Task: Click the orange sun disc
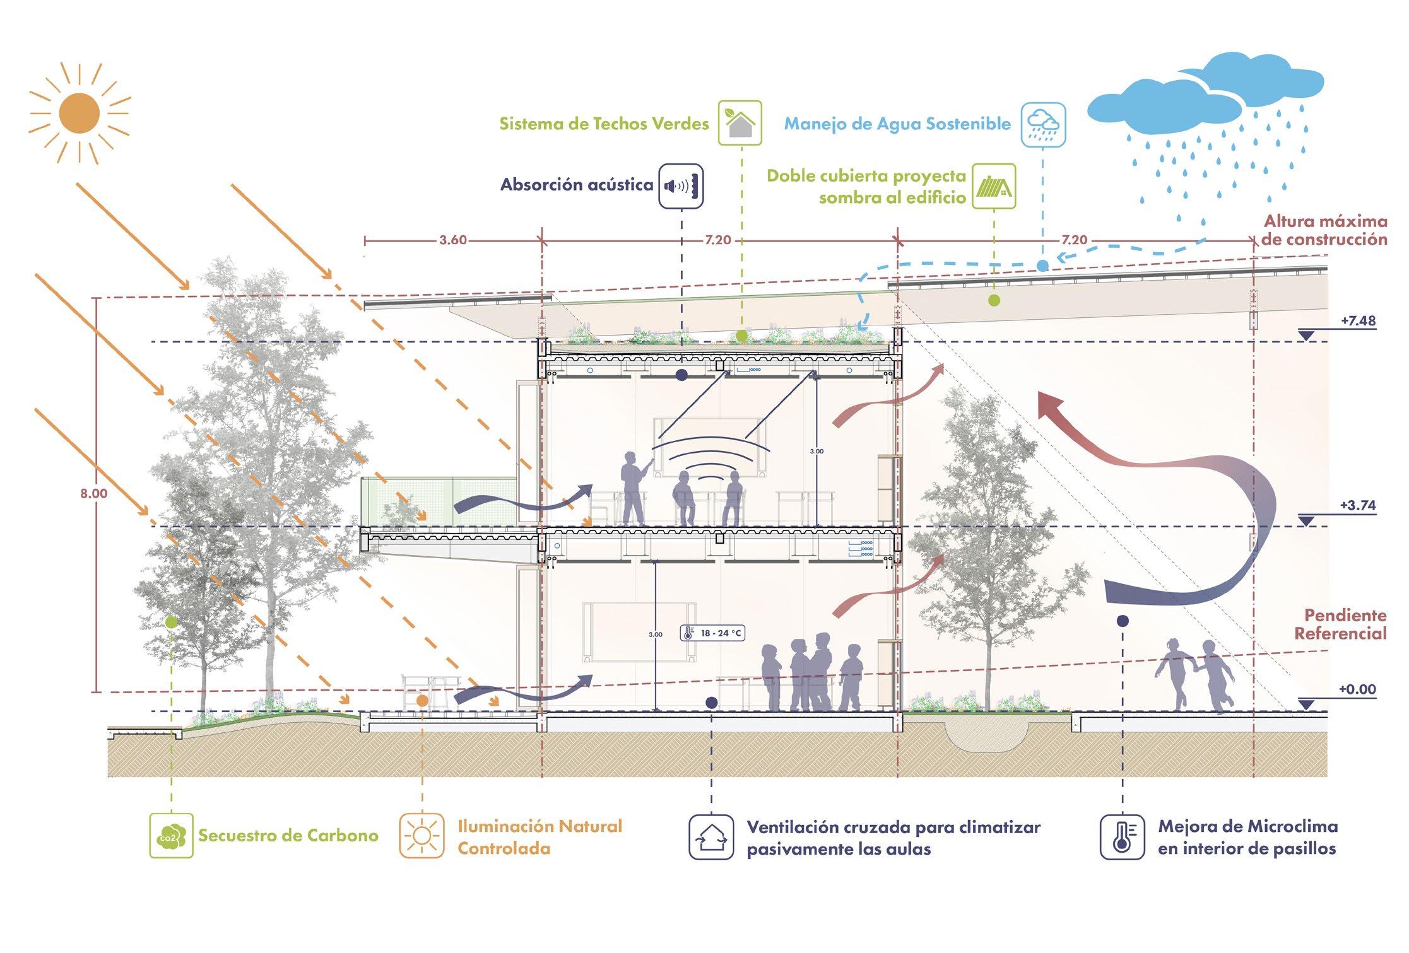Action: click(x=80, y=113)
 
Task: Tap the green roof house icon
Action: click(x=740, y=123)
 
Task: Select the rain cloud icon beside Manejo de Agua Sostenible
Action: click(x=1042, y=125)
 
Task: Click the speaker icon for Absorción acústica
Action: click(x=681, y=185)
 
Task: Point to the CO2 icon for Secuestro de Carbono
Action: click(x=171, y=835)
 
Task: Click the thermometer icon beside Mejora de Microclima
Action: click(x=1122, y=836)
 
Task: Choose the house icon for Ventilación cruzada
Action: click(x=711, y=836)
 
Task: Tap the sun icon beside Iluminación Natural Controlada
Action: click(x=422, y=836)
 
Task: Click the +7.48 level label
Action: click(x=1358, y=320)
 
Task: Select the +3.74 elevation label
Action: click(x=1358, y=505)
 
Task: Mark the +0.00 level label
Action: click(x=1357, y=689)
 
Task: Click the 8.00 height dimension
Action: click(x=93, y=494)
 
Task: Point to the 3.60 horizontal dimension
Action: click(x=453, y=240)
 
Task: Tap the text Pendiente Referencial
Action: click(x=1340, y=624)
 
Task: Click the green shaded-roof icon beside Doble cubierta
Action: click(x=993, y=186)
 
